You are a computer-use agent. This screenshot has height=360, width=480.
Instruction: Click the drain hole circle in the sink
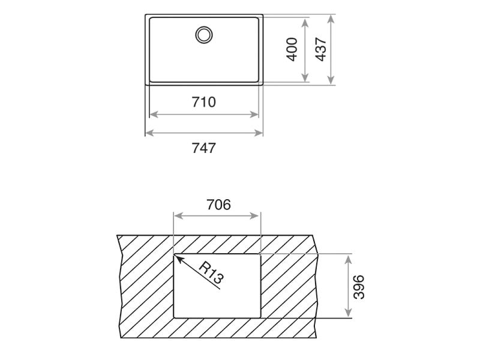tap(204, 34)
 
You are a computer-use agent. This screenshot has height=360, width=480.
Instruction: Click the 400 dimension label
tap(292, 49)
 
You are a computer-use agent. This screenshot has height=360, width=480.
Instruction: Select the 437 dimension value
tap(320, 49)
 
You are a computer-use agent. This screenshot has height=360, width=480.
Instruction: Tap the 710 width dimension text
tap(204, 103)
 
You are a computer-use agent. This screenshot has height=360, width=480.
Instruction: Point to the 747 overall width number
tap(204, 148)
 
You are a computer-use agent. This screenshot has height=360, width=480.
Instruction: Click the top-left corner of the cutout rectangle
tap(174, 254)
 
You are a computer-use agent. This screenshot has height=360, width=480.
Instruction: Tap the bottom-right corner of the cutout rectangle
tap(260, 317)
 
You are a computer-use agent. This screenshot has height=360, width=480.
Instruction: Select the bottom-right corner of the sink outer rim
tap(263, 85)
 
